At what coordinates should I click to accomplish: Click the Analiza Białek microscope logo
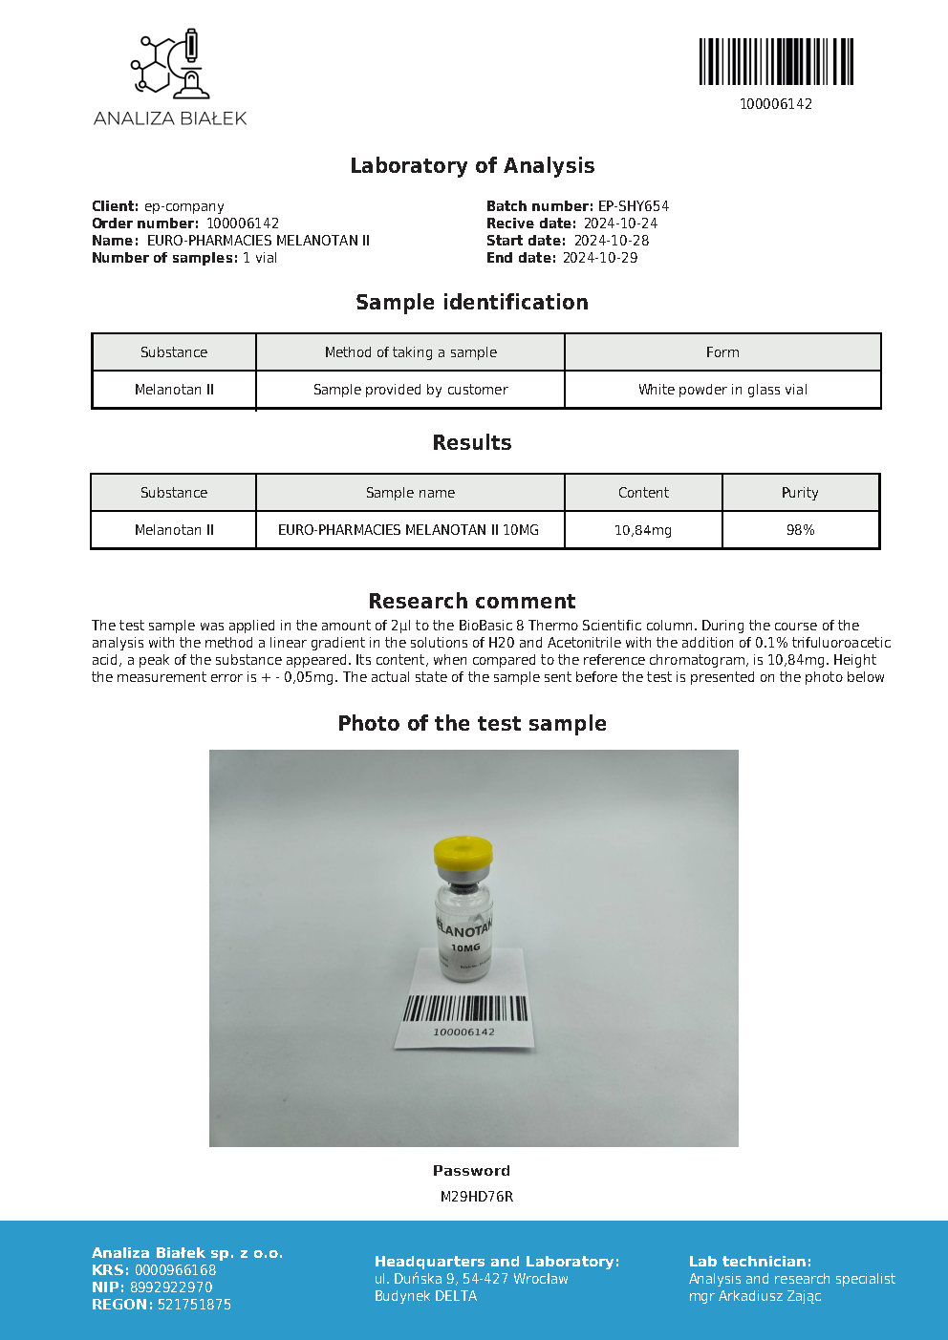(170, 64)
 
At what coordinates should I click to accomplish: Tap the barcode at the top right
(776, 62)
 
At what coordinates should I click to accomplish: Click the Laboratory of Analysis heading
(472, 165)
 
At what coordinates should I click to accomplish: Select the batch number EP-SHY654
(633, 206)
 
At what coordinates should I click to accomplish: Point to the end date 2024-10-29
(599, 258)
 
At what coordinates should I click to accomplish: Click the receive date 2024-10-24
(620, 223)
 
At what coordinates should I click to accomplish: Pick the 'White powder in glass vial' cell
(722, 390)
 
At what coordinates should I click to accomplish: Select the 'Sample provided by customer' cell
(410, 390)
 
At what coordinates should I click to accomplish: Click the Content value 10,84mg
(643, 530)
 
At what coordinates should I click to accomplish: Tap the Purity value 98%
(800, 530)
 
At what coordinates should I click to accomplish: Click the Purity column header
(800, 493)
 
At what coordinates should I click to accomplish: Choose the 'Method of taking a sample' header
(410, 352)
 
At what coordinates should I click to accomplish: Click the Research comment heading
(472, 601)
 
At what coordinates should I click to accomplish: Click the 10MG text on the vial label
(465, 947)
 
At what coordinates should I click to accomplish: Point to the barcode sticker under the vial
(464, 1015)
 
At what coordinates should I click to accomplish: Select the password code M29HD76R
(476, 1197)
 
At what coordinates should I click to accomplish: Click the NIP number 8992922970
(171, 1287)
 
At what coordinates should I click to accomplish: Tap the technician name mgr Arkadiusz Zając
(755, 1296)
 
